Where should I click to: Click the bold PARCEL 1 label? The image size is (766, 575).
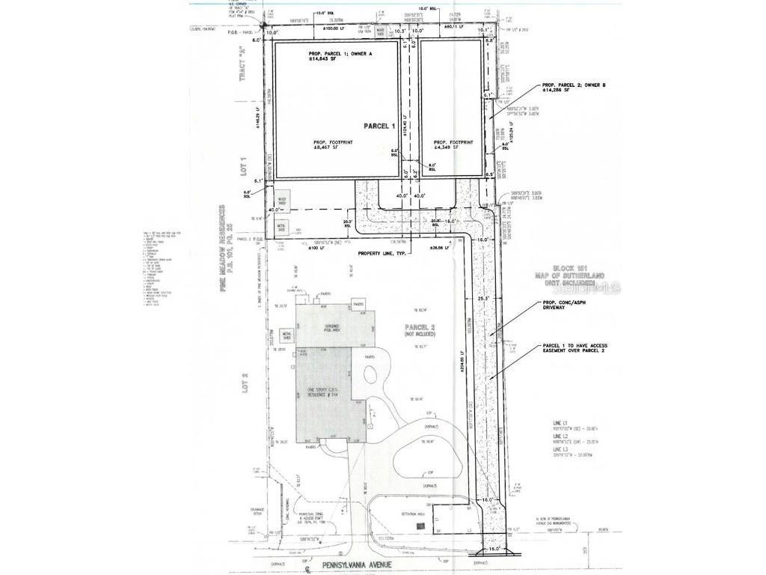[379, 126]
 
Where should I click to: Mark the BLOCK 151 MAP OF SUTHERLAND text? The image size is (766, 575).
[574, 276]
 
